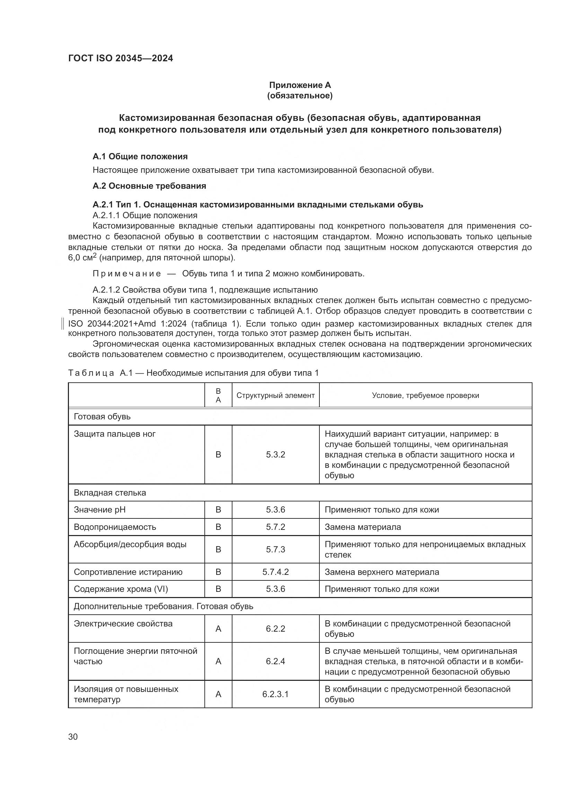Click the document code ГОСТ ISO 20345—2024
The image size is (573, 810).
click(x=120, y=58)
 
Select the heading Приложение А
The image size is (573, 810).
click(x=300, y=85)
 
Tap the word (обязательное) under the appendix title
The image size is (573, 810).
click(x=300, y=96)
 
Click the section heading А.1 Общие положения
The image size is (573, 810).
click(x=140, y=156)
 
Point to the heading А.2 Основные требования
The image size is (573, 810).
click(x=149, y=186)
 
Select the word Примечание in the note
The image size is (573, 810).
click(x=127, y=274)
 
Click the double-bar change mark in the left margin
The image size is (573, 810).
click(x=62, y=323)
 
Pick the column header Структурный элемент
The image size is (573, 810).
click(x=275, y=395)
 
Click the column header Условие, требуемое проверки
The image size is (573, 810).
click(x=425, y=395)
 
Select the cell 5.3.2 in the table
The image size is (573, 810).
click(x=275, y=455)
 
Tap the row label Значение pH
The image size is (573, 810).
click(x=99, y=510)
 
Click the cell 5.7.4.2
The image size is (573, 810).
click(x=275, y=572)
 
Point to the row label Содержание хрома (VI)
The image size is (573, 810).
click(x=121, y=589)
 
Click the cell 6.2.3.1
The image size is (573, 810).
click(x=275, y=694)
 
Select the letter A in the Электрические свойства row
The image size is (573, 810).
click(x=218, y=629)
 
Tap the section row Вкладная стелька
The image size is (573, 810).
click(x=110, y=493)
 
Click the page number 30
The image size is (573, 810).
click(x=73, y=737)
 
